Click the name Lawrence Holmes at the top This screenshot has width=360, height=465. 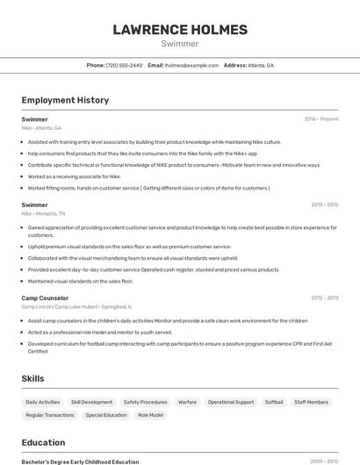[x=179, y=30]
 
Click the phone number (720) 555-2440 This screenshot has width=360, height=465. [x=124, y=65]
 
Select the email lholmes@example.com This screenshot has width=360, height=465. [x=191, y=65]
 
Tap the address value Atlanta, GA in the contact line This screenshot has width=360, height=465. [x=261, y=65]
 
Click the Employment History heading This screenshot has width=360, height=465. [x=65, y=100]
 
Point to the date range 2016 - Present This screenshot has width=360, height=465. [x=320, y=119]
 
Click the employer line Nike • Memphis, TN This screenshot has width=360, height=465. [x=43, y=213]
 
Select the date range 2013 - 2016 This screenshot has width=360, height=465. [x=324, y=204]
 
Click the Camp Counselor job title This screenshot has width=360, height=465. [x=45, y=298]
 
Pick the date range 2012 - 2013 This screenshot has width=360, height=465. [x=324, y=298]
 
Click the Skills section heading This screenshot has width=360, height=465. [x=33, y=378]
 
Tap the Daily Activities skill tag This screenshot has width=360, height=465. [x=43, y=402]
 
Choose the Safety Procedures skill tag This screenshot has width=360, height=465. [x=145, y=402]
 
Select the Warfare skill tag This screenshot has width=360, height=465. [x=187, y=402]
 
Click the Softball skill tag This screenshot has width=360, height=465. [x=274, y=402]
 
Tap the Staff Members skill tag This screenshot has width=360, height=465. [x=312, y=402]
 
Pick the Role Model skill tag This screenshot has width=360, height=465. [x=150, y=415]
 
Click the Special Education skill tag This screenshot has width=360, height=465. [x=106, y=415]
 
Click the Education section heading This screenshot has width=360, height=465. [x=43, y=442]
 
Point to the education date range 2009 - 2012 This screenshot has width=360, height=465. [x=324, y=461]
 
